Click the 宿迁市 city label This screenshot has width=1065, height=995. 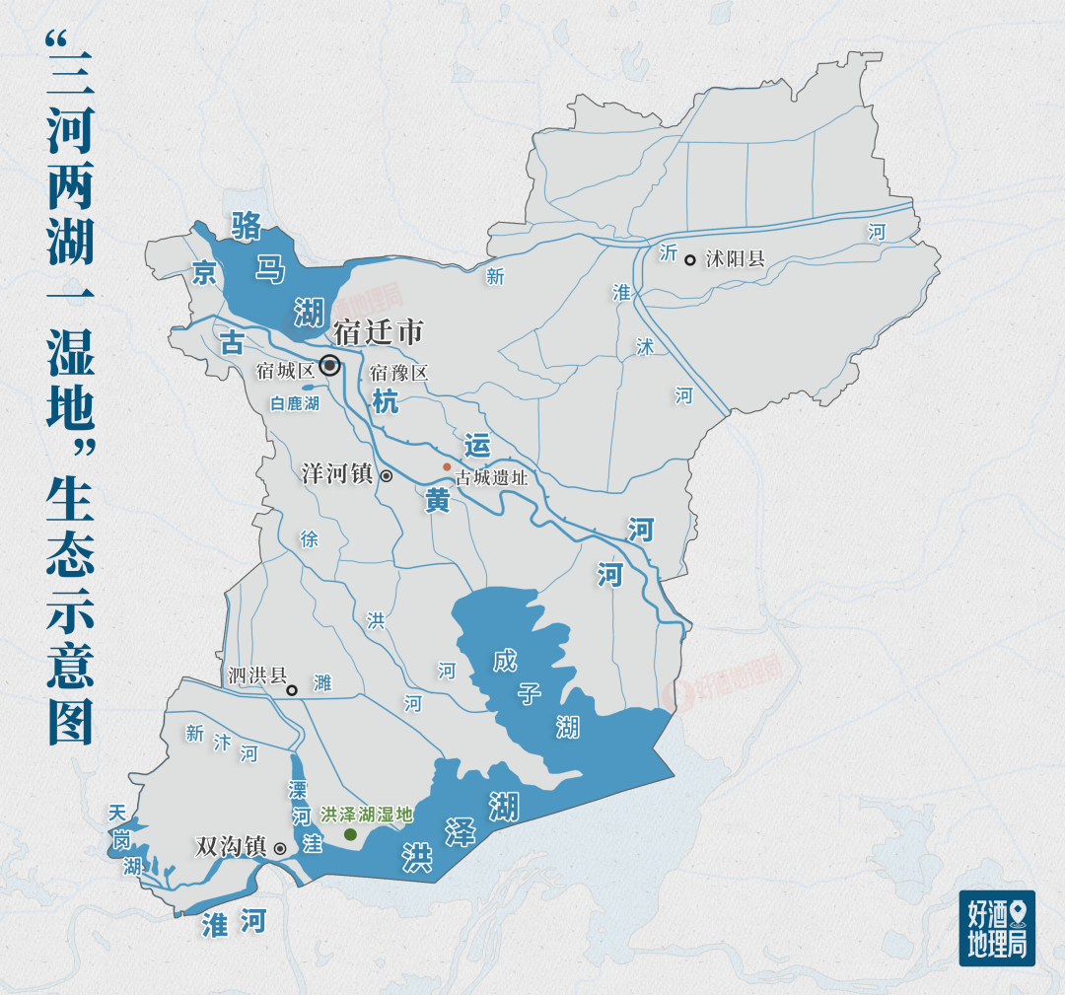[x=379, y=332]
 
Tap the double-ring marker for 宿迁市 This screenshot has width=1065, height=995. [x=330, y=366]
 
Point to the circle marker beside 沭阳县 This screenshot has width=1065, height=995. [x=690, y=260]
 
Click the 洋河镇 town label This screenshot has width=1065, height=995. [x=337, y=474]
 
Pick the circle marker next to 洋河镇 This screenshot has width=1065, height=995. [x=387, y=475]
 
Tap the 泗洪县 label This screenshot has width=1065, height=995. [x=256, y=675]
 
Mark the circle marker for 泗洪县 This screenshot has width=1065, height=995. [x=292, y=690]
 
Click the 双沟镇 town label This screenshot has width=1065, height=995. [x=232, y=846]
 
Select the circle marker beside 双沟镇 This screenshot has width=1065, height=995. [x=280, y=848]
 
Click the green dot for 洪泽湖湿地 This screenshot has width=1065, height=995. [x=350, y=834]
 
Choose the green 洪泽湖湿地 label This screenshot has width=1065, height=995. [x=366, y=816]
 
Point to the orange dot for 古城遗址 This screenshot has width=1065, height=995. [x=447, y=466]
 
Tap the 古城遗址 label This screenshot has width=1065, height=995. [x=492, y=478]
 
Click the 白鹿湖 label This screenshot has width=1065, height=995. [x=295, y=403]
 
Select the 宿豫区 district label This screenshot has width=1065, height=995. [x=399, y=373]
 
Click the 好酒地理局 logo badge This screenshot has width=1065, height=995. [x=997, y=928]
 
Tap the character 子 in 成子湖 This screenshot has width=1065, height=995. [x=531, y=693]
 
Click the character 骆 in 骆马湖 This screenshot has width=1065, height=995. [x=246, y=226]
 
